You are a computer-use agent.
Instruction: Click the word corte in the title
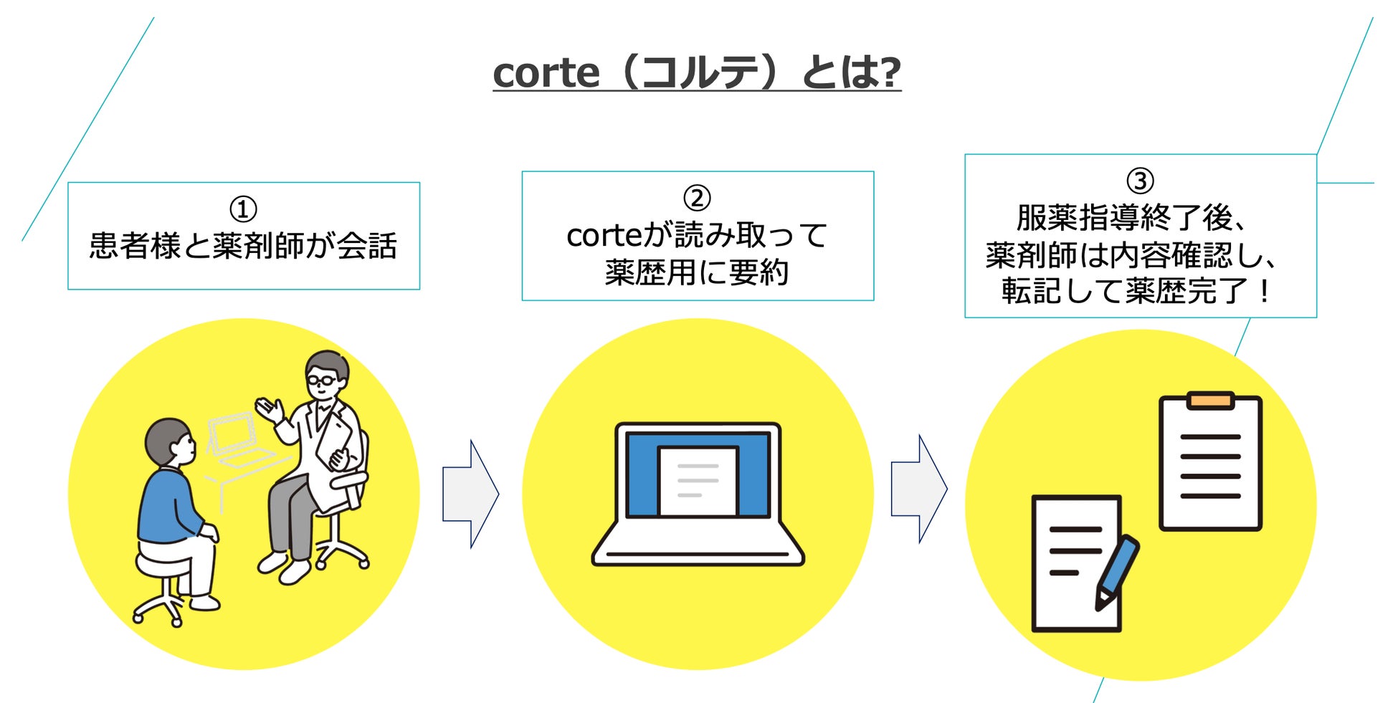[546, 73]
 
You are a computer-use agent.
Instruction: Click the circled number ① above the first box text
[243, 209]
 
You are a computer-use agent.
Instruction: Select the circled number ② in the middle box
[697, 199]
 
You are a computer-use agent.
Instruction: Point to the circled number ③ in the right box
[1140, 181]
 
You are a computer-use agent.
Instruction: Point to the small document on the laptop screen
[698, 480]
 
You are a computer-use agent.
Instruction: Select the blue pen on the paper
[1116, 573]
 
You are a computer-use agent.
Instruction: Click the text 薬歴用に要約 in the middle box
[697, 272]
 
